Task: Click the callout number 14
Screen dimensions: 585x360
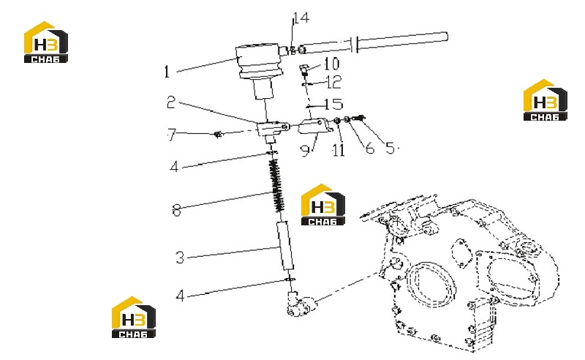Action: click(x=301, y=18)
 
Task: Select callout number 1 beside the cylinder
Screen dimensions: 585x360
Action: click(x=167, y=71)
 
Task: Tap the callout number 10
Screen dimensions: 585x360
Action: click(x=331, y=64)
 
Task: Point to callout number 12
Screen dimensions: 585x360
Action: click(x=334, y=82)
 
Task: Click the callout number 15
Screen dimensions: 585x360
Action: click(x=333, y=104)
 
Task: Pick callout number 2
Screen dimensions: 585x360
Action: click(x=171, y=102)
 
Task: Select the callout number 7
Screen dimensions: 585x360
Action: click(x=172, y=135)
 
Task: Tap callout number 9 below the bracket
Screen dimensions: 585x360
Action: click(x=305, y=150)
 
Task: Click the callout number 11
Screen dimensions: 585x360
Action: click(x=339, y=150)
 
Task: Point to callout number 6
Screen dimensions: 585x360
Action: click(x=370, y=148)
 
